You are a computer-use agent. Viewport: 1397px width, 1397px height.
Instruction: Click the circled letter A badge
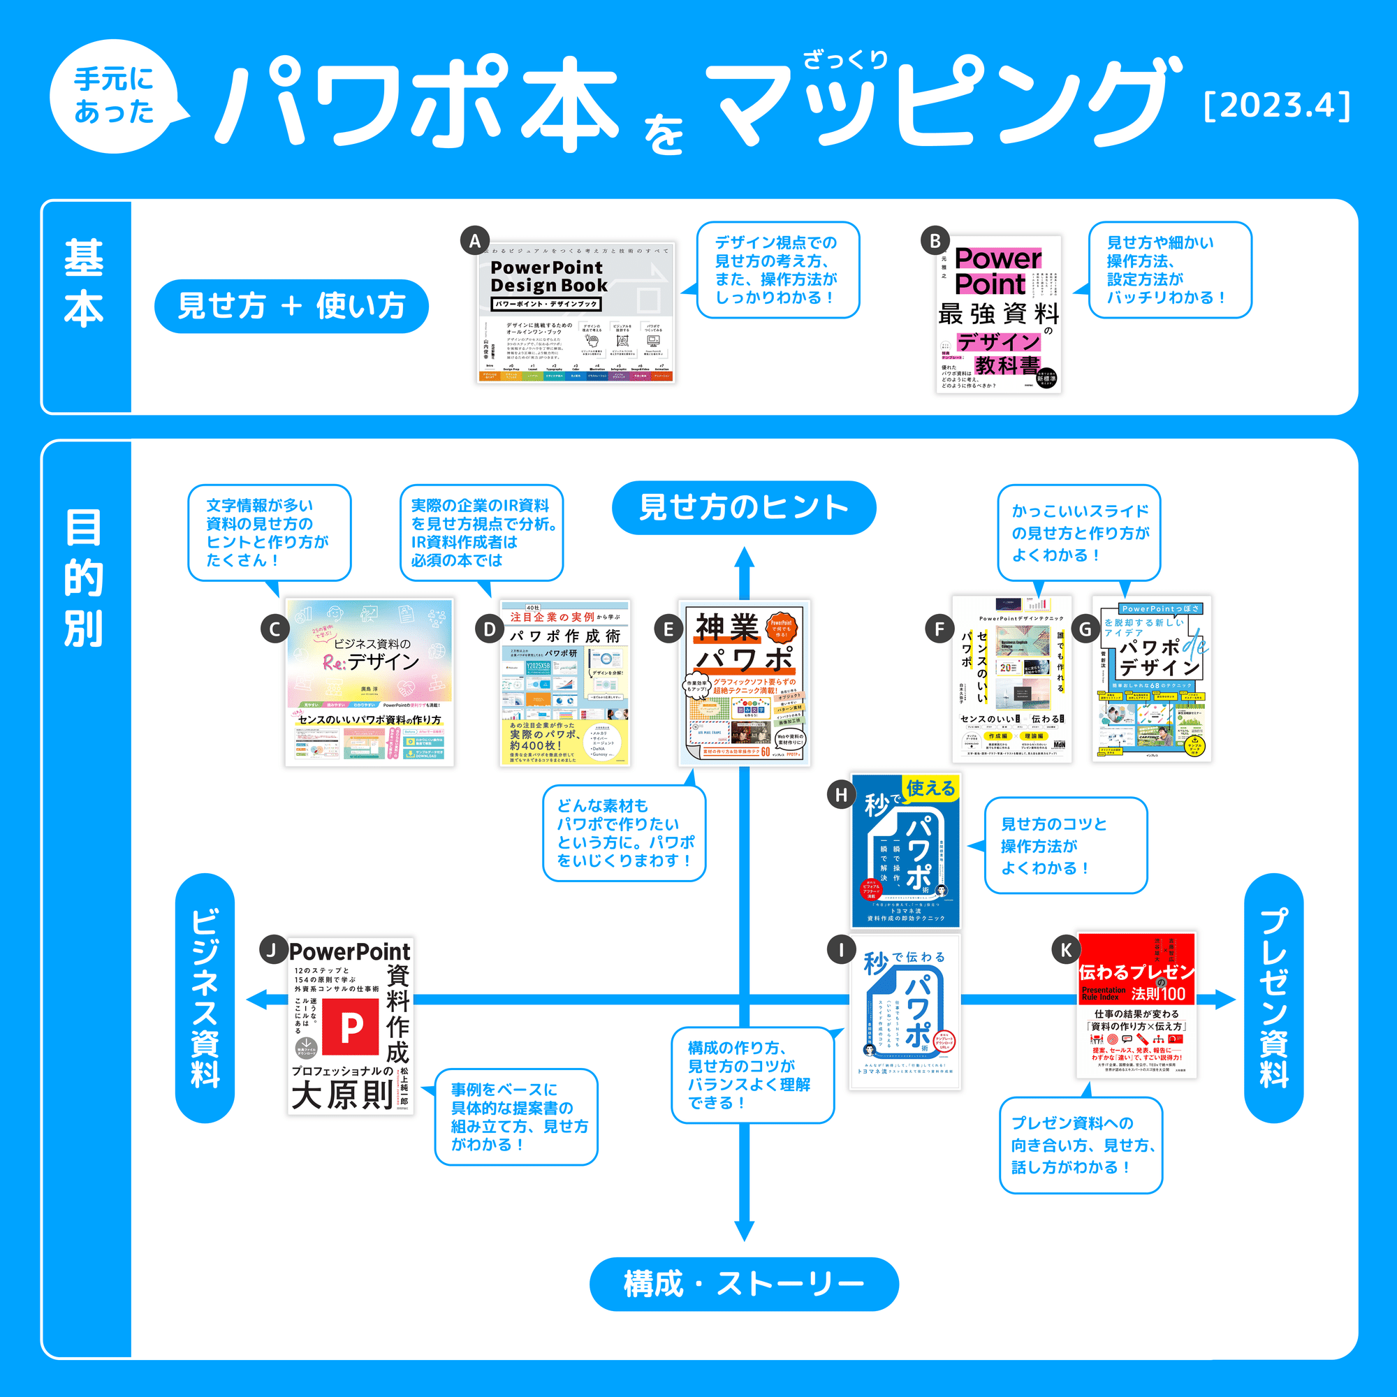(475, 241)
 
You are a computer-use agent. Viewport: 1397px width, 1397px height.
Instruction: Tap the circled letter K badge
(1066, 949)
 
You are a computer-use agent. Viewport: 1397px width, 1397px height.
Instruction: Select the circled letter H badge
(841, 796)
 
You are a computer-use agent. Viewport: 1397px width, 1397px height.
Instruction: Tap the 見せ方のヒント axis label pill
(743, 508)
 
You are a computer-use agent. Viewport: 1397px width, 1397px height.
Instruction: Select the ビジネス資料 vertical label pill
(205, 998)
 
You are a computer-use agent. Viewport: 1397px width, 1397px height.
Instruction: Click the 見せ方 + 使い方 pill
(291, 306)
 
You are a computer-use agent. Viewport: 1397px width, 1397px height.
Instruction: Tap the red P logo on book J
(351, 1027)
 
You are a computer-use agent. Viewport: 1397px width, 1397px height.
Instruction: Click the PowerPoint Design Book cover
(576, 312)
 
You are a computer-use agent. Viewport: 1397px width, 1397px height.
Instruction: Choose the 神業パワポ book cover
(744, 682)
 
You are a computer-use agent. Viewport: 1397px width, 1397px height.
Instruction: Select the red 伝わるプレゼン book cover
(1136, 1005)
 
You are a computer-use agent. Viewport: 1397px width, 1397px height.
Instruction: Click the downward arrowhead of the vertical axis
(744, 1231)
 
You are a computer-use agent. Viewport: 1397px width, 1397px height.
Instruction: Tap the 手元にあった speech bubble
(115, 96)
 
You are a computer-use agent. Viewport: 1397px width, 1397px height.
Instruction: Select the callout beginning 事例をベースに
(516, 1116)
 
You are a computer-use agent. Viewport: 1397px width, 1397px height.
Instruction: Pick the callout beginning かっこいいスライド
(1079, 533)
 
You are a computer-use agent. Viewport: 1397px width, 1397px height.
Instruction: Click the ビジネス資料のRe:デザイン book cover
(370, 682)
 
